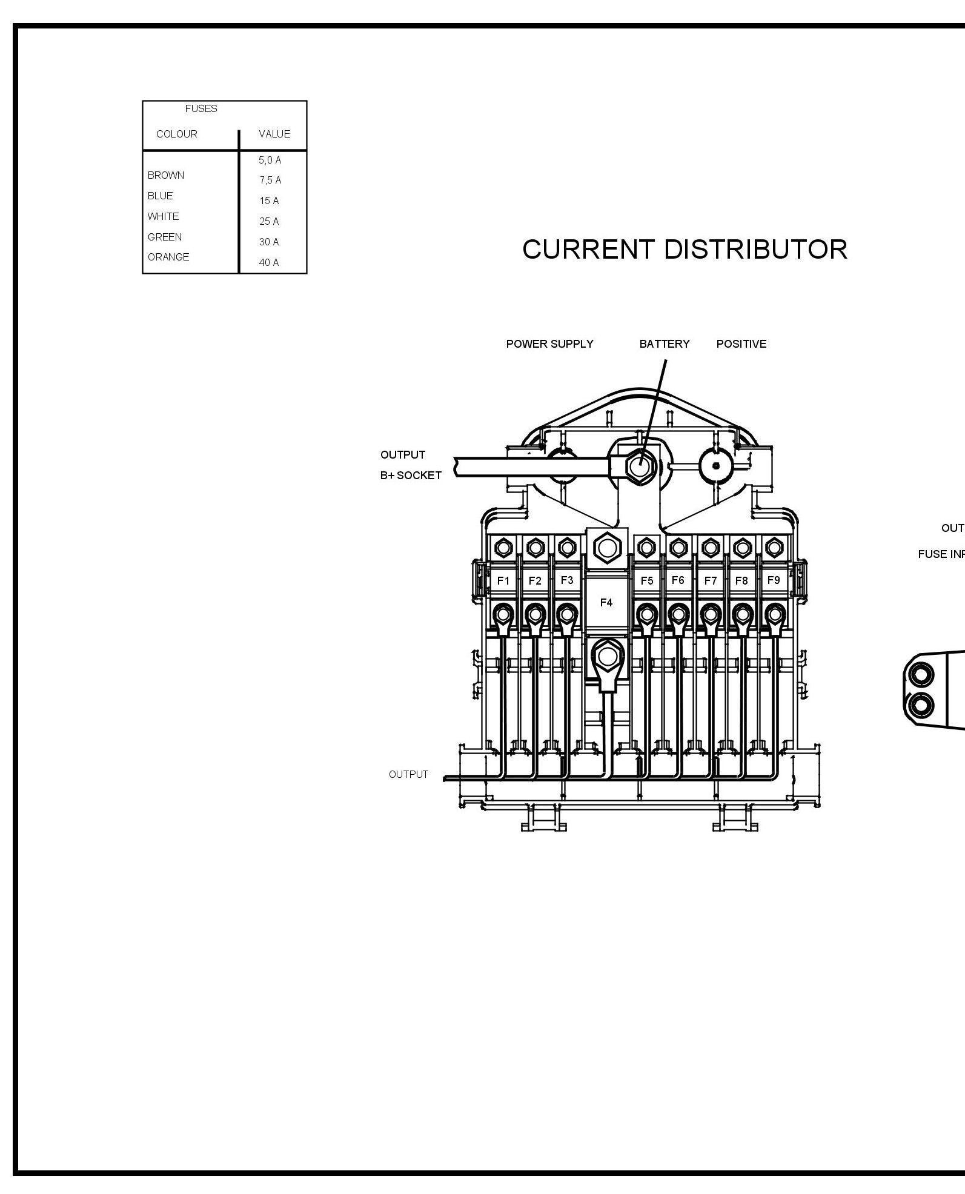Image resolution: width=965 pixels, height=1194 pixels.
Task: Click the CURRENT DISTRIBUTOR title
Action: (685, 250)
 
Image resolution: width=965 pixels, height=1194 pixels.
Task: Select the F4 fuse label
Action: (606, 603)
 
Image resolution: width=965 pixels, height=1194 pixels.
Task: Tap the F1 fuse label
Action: (503, 581)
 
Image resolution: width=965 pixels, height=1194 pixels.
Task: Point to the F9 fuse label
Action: (773, 580)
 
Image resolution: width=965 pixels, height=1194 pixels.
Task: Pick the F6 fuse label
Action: (678, 580)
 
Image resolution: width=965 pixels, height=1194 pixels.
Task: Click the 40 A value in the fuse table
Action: (269, 262)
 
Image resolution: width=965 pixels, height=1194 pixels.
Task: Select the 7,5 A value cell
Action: (270, 180)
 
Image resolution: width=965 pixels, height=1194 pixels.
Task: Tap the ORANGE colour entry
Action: (168, 257)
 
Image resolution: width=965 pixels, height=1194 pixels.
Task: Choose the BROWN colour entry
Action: (166, 175)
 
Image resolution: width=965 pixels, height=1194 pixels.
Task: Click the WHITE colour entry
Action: (163, 216)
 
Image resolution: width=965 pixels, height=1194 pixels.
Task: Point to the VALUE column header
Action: (274, 134)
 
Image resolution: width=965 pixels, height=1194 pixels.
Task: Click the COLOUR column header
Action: (176, 134)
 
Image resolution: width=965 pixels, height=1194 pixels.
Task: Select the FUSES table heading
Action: (201, 109)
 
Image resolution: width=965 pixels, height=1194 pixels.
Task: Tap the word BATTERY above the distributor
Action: (665, 344)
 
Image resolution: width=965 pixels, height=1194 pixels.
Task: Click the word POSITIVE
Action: (741, 344)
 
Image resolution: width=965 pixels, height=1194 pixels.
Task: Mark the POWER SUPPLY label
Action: (549, 344)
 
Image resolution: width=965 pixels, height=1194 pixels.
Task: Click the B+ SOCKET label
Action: (411, 476)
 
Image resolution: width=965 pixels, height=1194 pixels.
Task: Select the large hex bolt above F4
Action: (606, 548)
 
